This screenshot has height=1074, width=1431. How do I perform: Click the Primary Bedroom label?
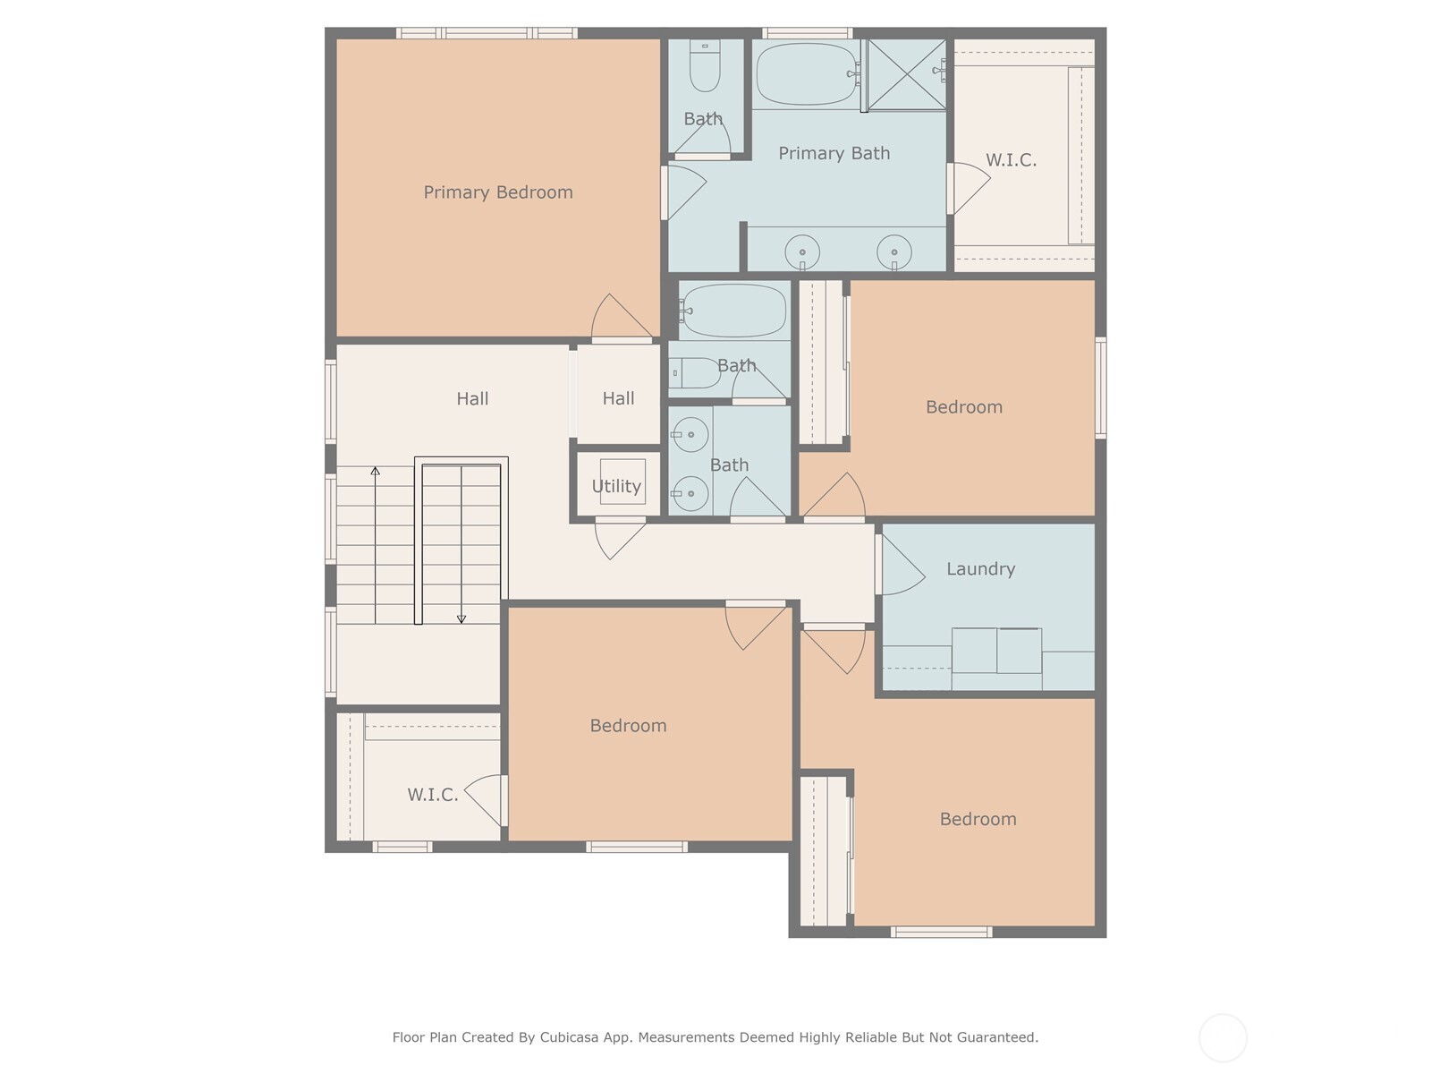click(x=497, y=192)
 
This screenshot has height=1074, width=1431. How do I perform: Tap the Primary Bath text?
click(x=834, y=153)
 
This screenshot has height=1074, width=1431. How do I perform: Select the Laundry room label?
click(x=980, y=569)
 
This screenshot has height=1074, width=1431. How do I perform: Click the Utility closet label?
click(x=616, y=486)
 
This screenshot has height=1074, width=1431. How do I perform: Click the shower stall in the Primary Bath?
click(x=906, y=74)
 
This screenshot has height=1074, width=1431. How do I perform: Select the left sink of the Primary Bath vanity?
click(x=802, y=252)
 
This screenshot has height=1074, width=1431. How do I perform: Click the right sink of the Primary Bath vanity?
click(x=893, y=252)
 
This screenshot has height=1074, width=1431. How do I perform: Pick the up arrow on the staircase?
click(x=376, y=472)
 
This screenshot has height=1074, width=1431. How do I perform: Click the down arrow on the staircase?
click(x=461, y=618)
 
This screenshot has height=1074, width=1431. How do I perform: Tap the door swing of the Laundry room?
click(x=900, y=566)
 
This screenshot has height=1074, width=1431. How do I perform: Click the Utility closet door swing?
click(x=617, y=537)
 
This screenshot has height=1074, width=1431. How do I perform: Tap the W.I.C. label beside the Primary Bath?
click(x=1011, y=160)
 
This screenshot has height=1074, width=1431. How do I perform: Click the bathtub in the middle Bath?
click(x=733, y=311)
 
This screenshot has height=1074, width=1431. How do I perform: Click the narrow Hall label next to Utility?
click(x=618, y=398)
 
